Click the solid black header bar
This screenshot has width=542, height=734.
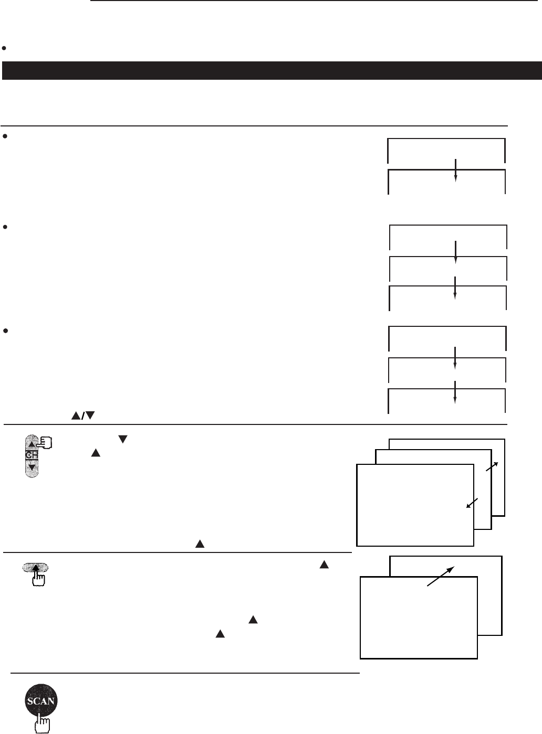[x=271, y=70]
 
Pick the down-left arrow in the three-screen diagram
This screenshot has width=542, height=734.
[x=473, y=503]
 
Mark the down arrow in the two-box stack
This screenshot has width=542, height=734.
[x=456, y=169]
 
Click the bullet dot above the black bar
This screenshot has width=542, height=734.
[x=4, y=48]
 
